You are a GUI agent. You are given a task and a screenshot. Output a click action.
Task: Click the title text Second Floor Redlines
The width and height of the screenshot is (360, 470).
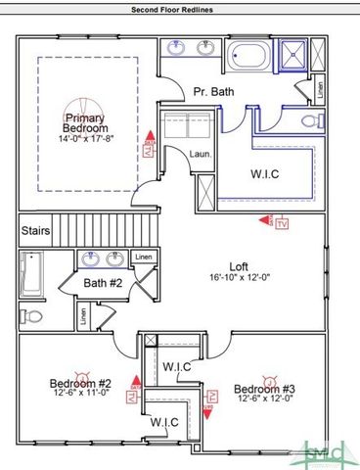[179, 8]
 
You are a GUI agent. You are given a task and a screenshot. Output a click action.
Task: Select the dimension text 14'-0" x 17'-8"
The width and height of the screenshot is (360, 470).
[86, 139]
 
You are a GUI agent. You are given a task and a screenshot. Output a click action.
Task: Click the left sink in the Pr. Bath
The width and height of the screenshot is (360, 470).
[179, 47]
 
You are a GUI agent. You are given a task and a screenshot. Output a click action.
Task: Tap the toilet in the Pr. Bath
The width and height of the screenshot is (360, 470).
[310, 122]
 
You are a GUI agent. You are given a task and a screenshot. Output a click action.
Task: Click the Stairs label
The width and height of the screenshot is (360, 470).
[36, 232]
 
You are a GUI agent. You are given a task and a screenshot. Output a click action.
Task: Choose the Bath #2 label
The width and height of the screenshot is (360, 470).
[101, 283]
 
